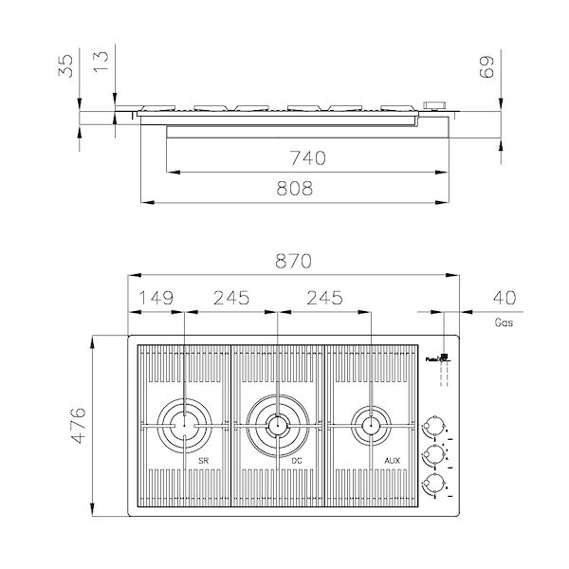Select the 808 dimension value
coord(294,189)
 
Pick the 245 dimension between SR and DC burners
coord(231,298)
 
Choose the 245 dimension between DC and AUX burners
coord(323,298)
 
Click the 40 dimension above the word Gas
coord(506,298)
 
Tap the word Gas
coord(505,322)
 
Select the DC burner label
coord(297,460)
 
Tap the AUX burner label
coord(391,460)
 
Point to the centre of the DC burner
coord(277,423)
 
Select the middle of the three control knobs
coord(435,454)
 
